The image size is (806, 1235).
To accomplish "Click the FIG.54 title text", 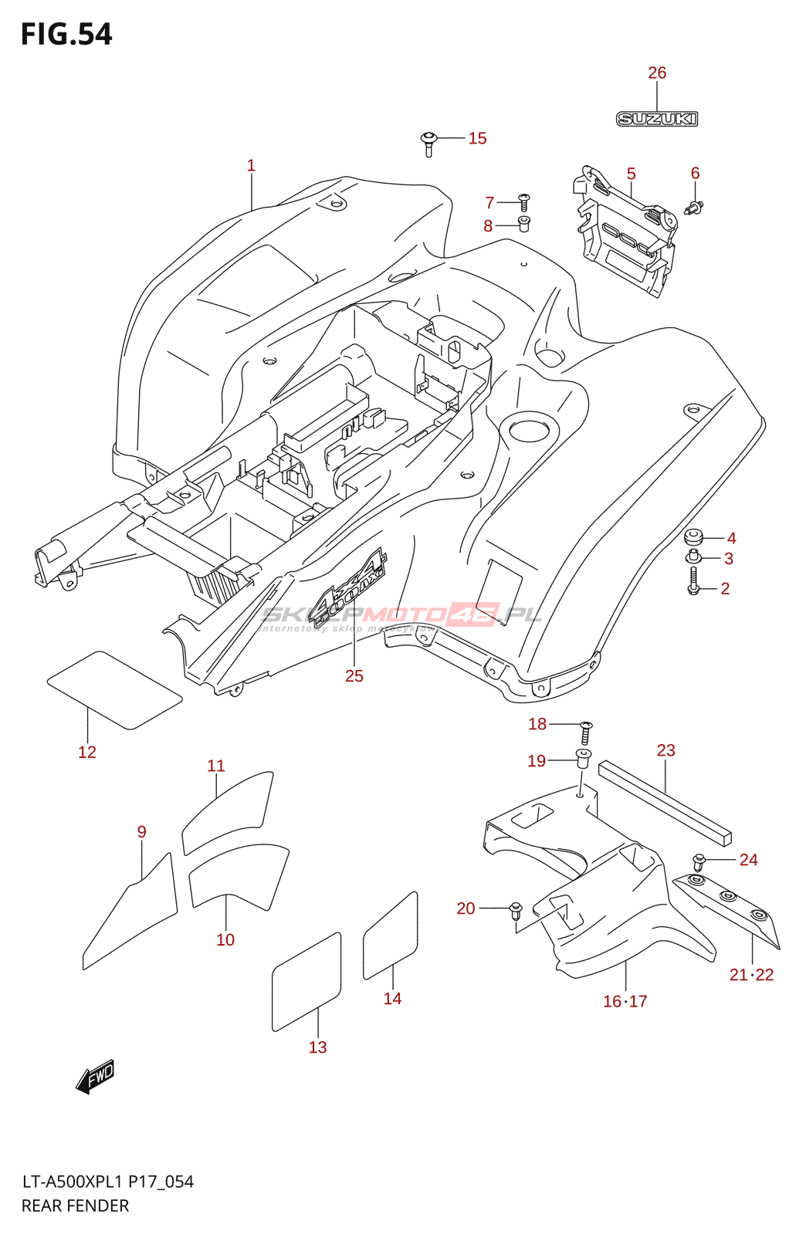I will [66, 35].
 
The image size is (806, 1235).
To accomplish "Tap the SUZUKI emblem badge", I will [657, 119].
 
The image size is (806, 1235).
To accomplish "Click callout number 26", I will [657, 73].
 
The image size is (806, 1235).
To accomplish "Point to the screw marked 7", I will [523, 202].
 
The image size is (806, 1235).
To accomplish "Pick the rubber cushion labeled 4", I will [693, 536].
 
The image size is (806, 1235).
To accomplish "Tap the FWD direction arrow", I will [96, 1076].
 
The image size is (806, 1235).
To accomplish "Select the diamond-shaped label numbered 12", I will [114, 690].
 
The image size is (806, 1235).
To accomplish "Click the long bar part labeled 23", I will [664, 801].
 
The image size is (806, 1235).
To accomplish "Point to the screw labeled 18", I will [586, 732].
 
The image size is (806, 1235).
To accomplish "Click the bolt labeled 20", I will [516, 910].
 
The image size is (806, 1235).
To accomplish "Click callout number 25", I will [354, 676].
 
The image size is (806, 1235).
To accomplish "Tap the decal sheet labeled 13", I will [306, 982].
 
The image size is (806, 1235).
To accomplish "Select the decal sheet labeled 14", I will [391, 936].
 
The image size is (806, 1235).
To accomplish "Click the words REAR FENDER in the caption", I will [75, 1206].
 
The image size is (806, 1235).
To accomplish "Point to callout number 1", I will [251, 165].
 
